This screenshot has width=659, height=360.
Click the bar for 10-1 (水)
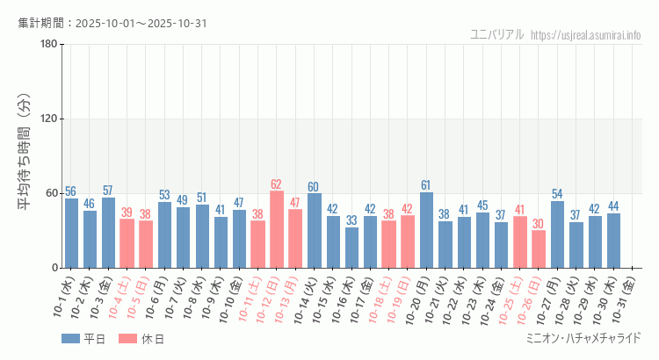[x=71, y=234]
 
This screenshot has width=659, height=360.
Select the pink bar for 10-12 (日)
[x=277, y=229]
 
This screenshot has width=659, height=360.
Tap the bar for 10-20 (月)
[x=426, y=230]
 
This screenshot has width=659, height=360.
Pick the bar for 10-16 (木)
[x=351, y=248]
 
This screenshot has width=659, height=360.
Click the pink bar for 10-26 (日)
[x=539, y=249]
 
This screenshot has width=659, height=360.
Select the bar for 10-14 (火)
[x=314, y=231]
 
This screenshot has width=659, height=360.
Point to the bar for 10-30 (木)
[x=613, y=241]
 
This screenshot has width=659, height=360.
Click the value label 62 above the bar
[x=277, y=184]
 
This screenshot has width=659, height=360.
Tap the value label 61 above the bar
[x=426, y=185]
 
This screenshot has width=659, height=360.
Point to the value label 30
[x=539, y=224]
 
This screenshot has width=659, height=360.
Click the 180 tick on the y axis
[x=48, y=45]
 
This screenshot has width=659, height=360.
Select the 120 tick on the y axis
[x=48, y=119]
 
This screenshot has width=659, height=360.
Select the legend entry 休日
[x=152, y=339]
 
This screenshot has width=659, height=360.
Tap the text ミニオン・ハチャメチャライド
[x=583, y=338]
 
